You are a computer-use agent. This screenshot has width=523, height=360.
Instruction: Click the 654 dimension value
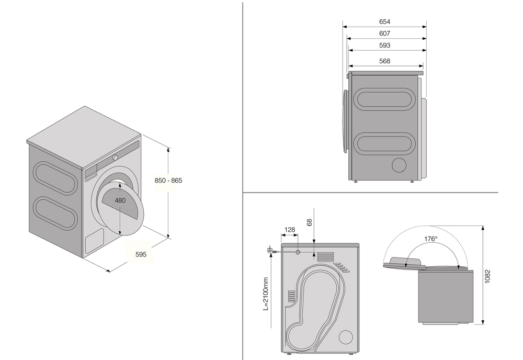pyautogui.click(x=384, y=21)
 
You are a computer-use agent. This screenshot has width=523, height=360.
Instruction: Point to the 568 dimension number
pyautogui.click(x=384, y=61)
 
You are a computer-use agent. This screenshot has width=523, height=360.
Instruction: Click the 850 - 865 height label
pyautogui.click(x=168, y=181)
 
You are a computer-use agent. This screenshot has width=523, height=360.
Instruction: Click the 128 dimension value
pyautogui.click(x=290, y=230)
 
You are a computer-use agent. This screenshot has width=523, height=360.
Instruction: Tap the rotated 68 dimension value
pyautogui.click(x=310, y=223)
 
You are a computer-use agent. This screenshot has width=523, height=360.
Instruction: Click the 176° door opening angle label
pyautogui.click(x=430, y=239)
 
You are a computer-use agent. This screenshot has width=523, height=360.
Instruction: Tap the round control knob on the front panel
pyautogui.click(x=115, y=157)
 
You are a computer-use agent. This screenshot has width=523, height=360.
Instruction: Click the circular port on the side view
pyautogui.click(x=399, y=164)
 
